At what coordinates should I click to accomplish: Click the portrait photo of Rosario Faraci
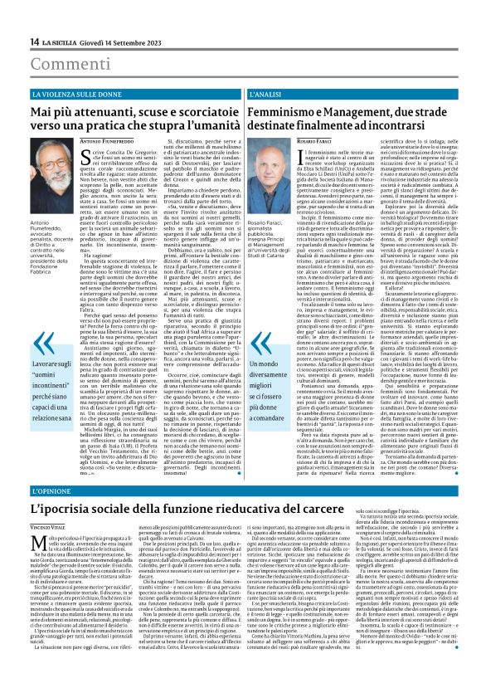coord(274,169)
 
